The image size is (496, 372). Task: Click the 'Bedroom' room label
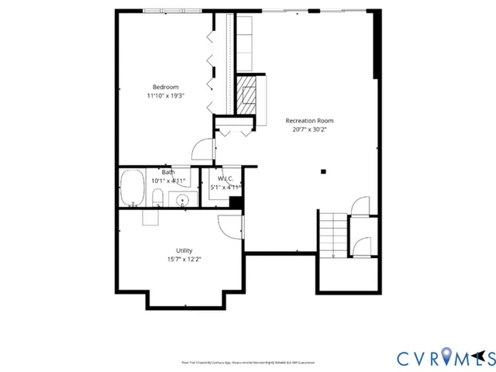[165, 86]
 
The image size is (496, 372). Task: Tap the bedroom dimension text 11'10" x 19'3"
[165, 95]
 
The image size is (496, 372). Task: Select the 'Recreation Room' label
[309, 120]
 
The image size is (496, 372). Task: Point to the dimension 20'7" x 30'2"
[309, 129]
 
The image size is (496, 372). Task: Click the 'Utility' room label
[184, 250]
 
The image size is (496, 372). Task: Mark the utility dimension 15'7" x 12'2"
[184, 260]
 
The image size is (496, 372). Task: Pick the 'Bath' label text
[167, 172]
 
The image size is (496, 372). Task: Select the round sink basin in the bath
[182, 201]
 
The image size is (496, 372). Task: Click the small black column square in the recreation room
[324, 171]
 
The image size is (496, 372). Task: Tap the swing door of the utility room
[232, 226]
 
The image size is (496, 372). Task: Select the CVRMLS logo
[445, 357]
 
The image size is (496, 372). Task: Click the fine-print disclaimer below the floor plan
[248, 361]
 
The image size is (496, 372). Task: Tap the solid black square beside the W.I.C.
[236, 203]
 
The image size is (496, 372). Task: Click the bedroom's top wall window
[164, 11]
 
